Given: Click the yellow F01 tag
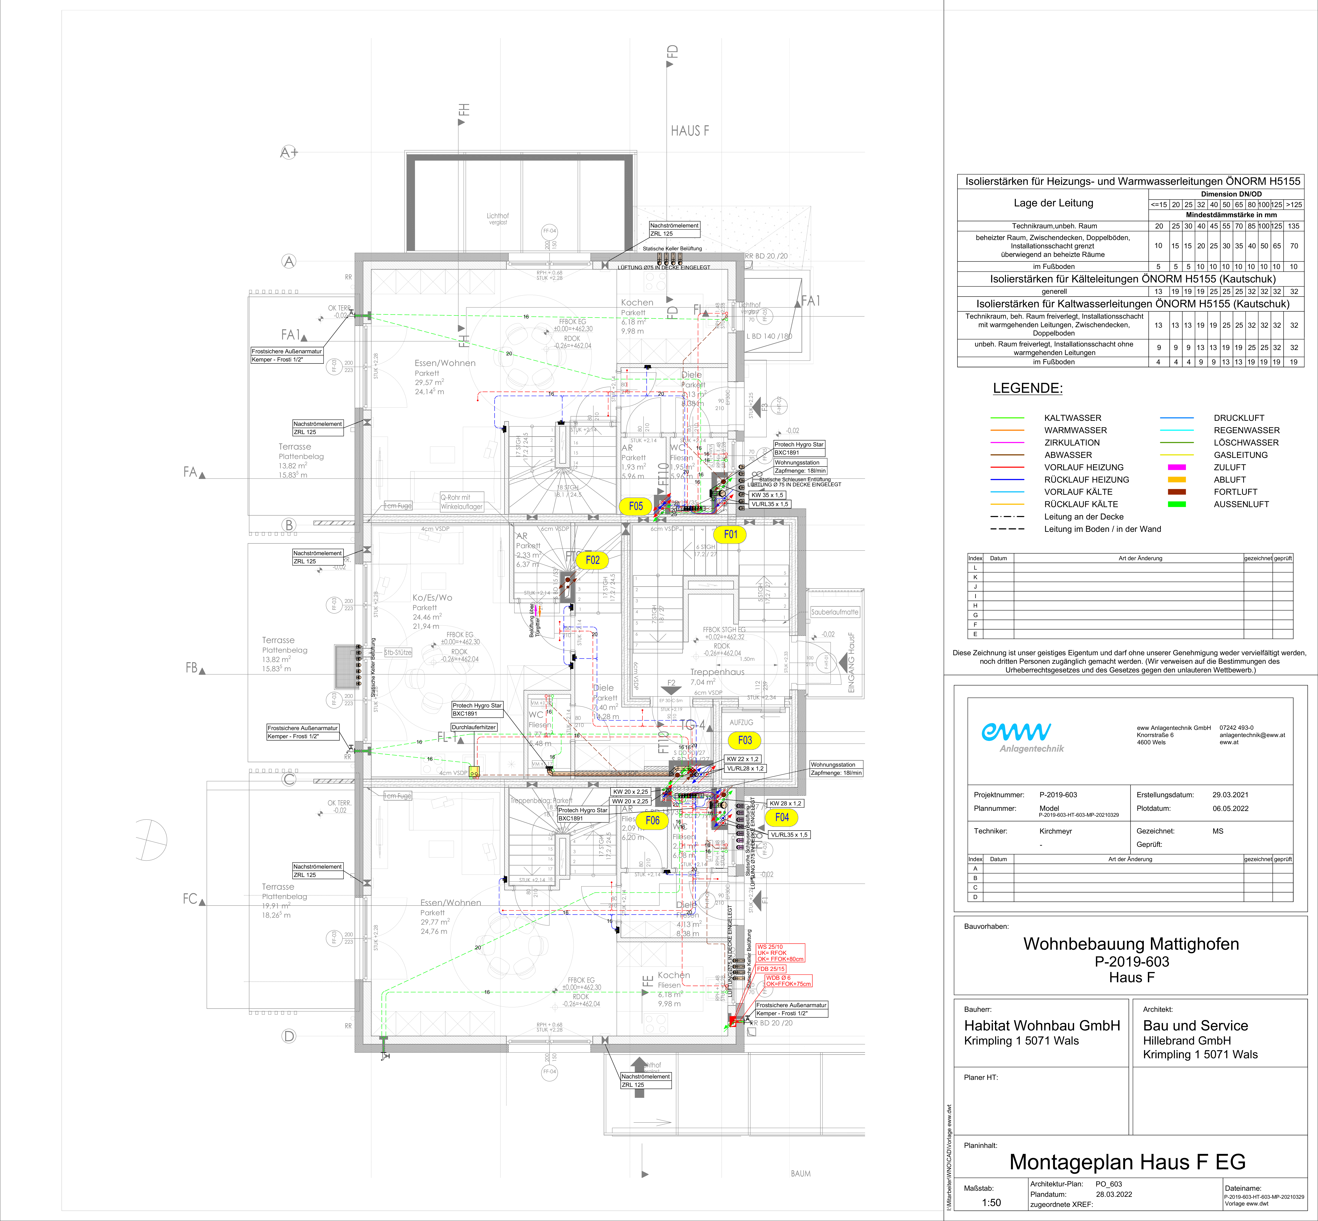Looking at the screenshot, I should [730, 534].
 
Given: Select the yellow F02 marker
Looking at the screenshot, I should [592, 560].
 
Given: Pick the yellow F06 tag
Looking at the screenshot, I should [652, 821].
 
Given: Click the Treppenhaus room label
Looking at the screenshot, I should [717, 672].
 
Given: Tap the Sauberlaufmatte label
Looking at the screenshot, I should [834, 612].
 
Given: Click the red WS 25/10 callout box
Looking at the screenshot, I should [780, 953].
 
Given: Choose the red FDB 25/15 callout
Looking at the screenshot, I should [771, 969].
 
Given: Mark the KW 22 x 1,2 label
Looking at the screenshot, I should [743, 759].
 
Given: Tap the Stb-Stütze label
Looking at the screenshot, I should [398, 652].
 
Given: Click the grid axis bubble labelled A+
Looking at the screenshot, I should [289, 153].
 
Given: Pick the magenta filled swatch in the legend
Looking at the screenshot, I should [1176, 467].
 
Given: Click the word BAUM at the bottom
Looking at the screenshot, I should [800, 1173].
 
